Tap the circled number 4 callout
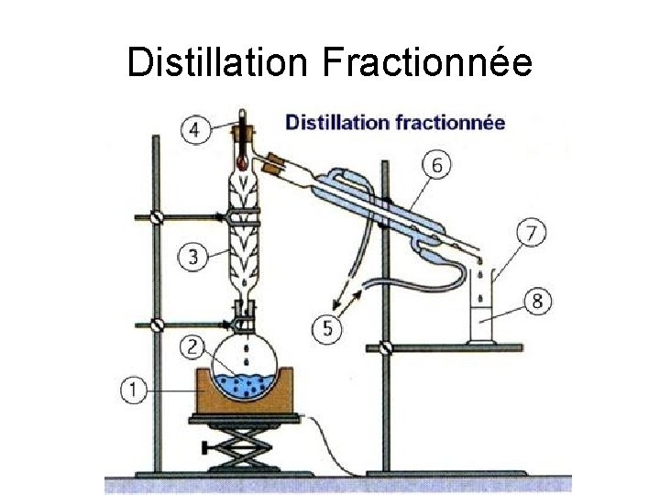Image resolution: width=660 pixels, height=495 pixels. [x=194, y=130]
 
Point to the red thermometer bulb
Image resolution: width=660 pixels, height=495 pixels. [x=242, y=162]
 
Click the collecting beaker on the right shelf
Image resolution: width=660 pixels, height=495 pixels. [x=482, y=308]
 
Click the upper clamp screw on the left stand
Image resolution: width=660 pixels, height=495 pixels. [x=157, y=218]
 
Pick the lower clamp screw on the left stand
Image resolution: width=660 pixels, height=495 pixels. [x=157, y=323]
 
